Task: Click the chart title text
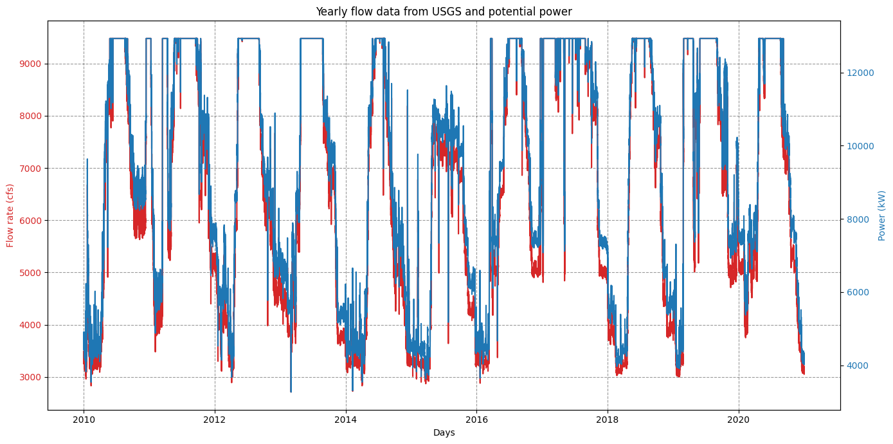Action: tap(444, 12)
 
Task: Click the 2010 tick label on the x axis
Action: tap(84, 420)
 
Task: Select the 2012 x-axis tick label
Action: tap(215, 420)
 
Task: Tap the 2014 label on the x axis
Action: tap(346, 420)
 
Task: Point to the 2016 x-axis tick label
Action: tap(476, 420)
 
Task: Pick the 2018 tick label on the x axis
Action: tap(608, 420)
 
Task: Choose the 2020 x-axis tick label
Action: tap(739, 420)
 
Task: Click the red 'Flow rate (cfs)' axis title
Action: tap(10, 216)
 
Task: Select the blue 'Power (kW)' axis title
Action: tap(882, 216)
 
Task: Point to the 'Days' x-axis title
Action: tap(444, 432)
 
